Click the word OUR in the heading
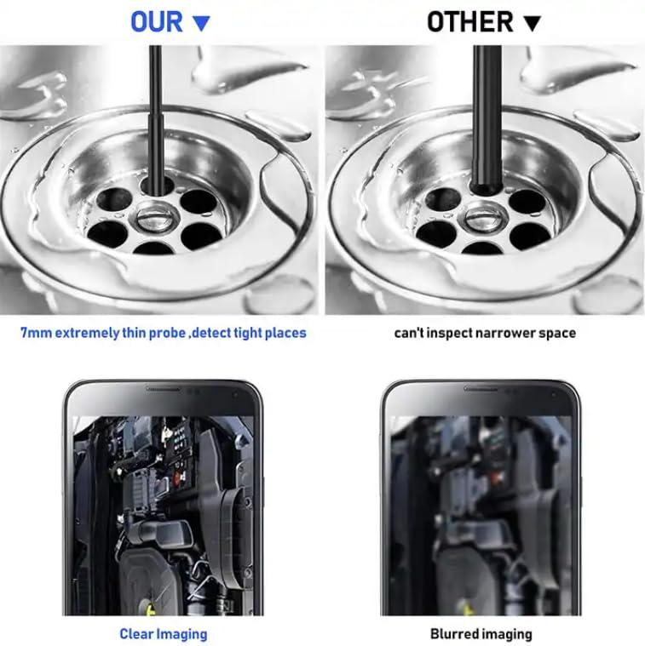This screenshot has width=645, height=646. (158, 21)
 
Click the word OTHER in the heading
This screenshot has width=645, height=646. (470, 22)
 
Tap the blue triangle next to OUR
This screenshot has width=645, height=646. (201, 23)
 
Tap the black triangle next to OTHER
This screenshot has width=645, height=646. (533, 24)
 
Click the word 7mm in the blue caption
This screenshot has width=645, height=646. (36, 333)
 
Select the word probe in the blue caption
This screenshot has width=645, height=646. (163, 333)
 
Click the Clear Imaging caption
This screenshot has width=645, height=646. (163, 633)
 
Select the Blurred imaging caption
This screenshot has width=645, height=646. (481, 633)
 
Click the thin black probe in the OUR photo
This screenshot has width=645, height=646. (155, 111)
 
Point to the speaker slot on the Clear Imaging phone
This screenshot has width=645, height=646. (163, 390)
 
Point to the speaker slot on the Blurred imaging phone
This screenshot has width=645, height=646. (481, 390)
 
